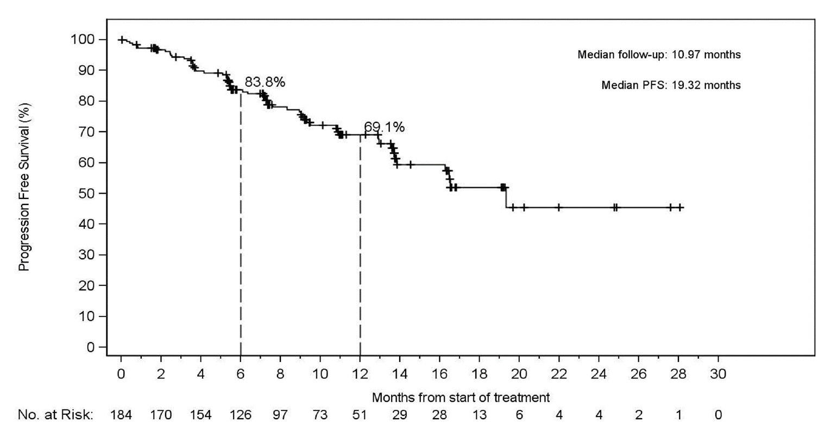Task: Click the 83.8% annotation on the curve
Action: click(x=265, y=82)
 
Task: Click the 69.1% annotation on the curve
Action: click(x=384, y=127)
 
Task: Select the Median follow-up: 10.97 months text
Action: click(x=659, y=54)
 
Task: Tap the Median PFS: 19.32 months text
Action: click(x=671, y=85)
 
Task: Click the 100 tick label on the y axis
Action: click(x=82, y=40)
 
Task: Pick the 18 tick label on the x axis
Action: click(x=479, y=375)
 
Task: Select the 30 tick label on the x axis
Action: click(x=718, y=375)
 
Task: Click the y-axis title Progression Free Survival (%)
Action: click(x=24, y=188)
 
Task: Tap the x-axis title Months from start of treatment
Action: click(x=461, y=397)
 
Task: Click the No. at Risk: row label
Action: click(x=55, y=415)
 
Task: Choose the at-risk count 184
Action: click(x=121, y=415)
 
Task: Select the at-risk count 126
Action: click(x=241, y=415)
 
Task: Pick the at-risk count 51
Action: click(x=360, y=415)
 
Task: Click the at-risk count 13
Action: click(x=479, y=415)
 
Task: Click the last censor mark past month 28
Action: click(x=679, y=208)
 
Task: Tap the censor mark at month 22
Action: click(x=558, y=208)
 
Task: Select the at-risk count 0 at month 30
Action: click(x=718, y=415)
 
